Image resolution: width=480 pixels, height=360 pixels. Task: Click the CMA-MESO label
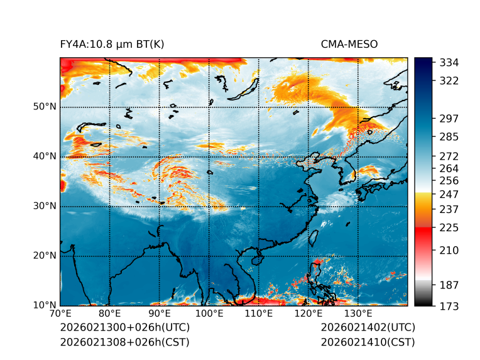pos(349,45)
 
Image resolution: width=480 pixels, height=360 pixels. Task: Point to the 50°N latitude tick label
pos(45,107)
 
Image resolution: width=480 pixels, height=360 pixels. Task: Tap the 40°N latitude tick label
pos(45,156)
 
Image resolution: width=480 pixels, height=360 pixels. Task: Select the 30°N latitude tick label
pos(45,206)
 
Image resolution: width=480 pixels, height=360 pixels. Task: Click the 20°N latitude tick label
pos(45,256)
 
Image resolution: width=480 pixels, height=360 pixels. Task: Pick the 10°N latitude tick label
pos(45,305)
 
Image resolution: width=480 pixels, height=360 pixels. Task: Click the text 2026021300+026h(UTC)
pos(124,328)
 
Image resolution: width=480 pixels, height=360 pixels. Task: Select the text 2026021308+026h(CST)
pos(124,342)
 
